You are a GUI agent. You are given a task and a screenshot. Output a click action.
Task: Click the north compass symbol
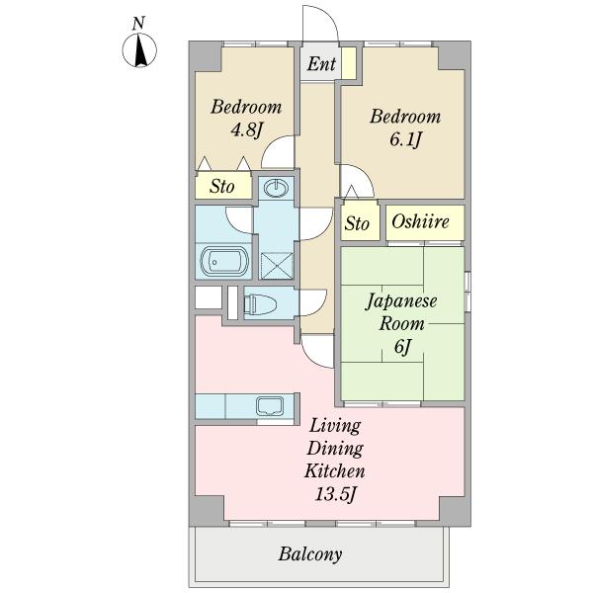click(x=139, y=50)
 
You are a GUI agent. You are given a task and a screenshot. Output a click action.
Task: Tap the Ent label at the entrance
click(x=321, y=63)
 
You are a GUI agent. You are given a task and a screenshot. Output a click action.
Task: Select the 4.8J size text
click(x=246, y=130)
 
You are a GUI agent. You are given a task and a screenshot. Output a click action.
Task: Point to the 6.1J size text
click(x=405, y=140)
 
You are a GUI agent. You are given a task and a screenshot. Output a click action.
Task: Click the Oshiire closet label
click(x=420, y=221)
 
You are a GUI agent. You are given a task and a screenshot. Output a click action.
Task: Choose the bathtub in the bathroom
click(x=224, y=261)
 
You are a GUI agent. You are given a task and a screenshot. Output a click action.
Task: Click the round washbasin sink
click(x=276, y=188)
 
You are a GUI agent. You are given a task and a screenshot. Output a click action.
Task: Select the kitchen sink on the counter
click(x=270, y=406)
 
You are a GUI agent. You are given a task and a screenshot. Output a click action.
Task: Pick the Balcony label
click(x=310, y=554)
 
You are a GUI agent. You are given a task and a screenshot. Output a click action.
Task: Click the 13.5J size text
click(x=335, y=493)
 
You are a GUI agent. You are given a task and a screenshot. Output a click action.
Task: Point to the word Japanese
click(x=401, y=301)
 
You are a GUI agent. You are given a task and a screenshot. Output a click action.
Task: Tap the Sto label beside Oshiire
click(x=356, y=223)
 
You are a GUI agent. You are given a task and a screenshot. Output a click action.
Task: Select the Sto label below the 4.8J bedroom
click(x=222, y=187)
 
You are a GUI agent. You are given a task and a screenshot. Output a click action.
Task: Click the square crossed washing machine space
click(x=277, y=266)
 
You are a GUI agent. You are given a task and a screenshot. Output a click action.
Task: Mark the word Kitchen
click(x=335, y=470)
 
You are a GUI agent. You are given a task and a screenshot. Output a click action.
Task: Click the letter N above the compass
click(x=138, y=24)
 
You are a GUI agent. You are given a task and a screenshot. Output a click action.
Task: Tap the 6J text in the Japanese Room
click(x=402, y=347)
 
